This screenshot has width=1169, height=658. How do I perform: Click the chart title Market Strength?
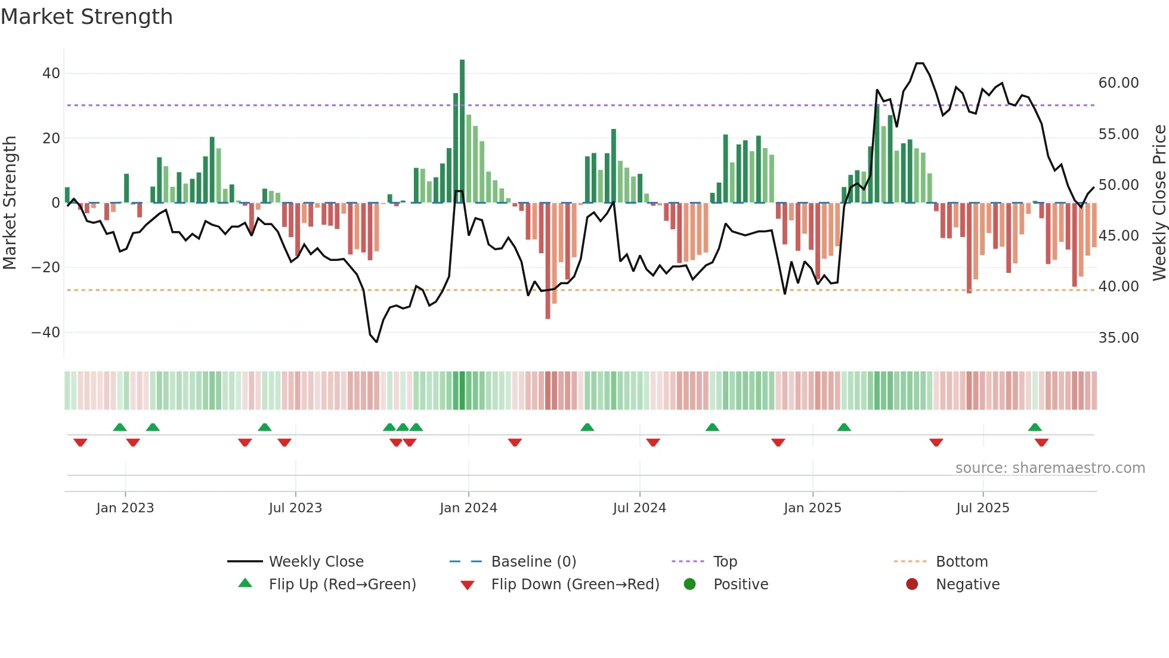coord(86,17)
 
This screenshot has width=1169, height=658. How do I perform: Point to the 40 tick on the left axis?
coord(51,73)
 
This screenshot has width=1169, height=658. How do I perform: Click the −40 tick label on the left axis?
coord(46,332)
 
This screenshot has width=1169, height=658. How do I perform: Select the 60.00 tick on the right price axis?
coord(1118,83)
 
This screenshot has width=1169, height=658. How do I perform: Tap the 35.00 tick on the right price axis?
coord(1118,338)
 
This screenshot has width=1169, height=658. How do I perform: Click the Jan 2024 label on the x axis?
coord(468,508)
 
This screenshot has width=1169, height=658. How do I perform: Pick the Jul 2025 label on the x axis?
coord(982,508)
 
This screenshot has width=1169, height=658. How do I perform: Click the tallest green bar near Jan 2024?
coord(462,131)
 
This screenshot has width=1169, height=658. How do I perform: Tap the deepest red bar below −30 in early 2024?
coord(548,263)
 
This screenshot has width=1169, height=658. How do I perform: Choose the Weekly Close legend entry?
coord(316,562)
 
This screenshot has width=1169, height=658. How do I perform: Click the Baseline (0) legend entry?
coord(533,562)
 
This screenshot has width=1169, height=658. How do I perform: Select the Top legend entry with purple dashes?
coord(725,562)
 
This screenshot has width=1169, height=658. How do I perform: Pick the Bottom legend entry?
coord(961,562)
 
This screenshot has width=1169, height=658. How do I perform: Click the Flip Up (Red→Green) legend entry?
coord(342,585)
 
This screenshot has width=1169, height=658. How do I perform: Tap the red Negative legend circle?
coord(912,585)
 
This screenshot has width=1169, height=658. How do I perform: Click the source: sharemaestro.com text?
coord(1050,468)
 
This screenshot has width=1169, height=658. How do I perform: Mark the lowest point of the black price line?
coord(377,342)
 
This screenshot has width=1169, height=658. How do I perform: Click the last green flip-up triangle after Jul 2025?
coord(1035,427)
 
